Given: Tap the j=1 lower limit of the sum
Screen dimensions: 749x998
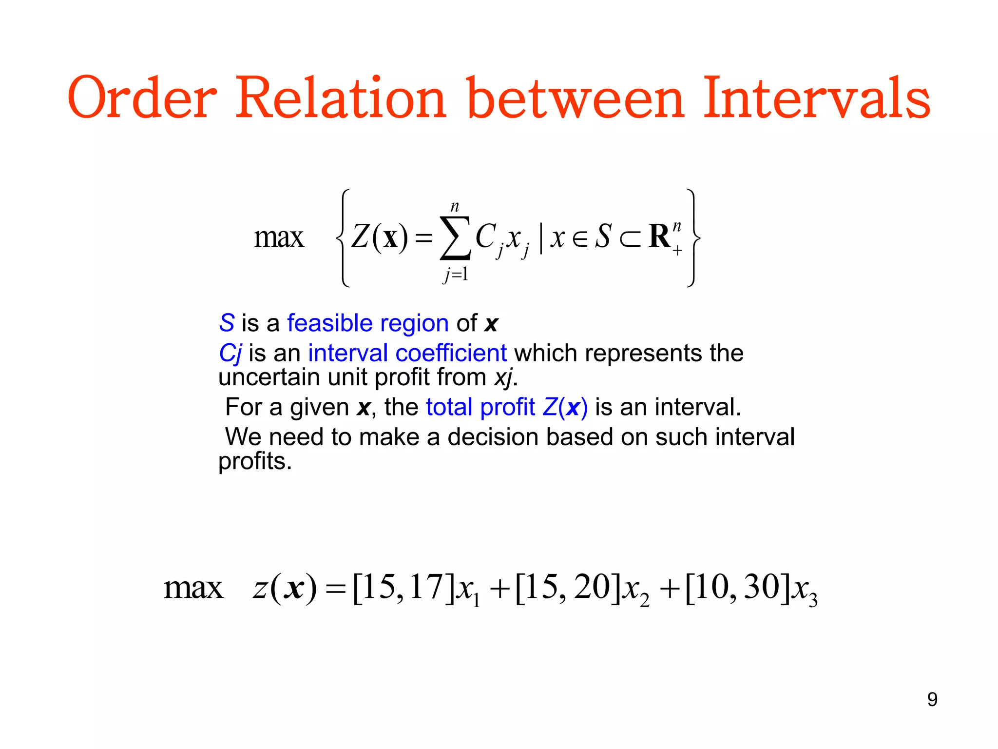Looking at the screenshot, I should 456,275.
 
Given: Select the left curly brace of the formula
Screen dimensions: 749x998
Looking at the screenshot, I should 343,238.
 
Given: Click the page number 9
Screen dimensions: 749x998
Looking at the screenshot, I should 932,699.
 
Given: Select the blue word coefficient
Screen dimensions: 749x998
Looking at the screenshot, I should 451,353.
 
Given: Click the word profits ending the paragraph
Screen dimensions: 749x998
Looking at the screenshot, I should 254,461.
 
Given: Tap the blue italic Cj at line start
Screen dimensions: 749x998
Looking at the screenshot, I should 230,354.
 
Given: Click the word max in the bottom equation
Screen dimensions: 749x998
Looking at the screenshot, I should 193,588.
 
